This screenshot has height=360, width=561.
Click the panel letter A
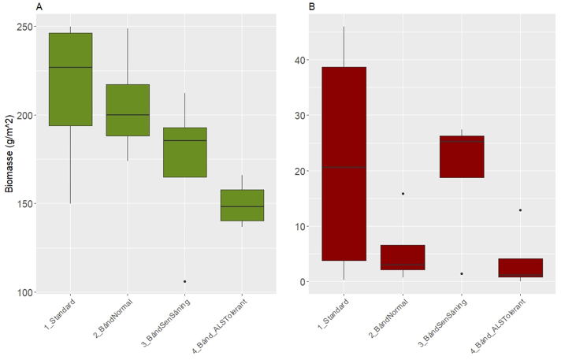(x=39, y=7)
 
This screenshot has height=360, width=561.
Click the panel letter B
(x=312, y=7)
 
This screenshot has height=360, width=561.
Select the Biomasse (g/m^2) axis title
(x=9, y=154)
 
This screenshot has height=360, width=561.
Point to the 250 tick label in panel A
(x=26, y=27)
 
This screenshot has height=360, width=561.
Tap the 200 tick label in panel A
(x=26, y=115)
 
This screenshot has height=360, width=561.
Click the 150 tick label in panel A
(x=26, y=204)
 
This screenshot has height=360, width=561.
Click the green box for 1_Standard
(x=70, y=79)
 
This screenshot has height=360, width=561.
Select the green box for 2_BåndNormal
(x=128, y=110)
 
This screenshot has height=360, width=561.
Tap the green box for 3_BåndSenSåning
(x=184, y=152)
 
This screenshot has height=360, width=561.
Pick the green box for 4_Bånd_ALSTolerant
(x=242, y=206)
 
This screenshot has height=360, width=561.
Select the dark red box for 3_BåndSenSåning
(x=462, y=157)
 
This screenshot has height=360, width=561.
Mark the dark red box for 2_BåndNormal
(x=403, y=258)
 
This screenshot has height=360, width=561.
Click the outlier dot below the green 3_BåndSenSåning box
(x=184, y=281)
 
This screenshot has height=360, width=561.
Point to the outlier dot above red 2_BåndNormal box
(x=403, y=194)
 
